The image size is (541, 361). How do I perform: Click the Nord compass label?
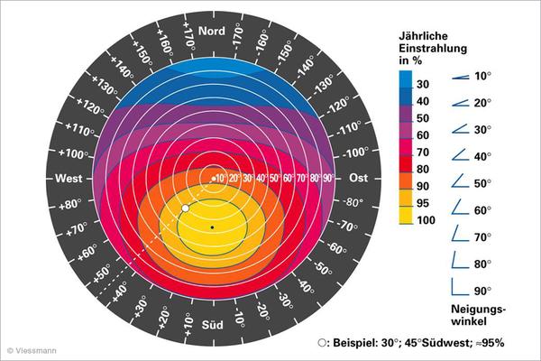pyautogui.click(x=211, y=32)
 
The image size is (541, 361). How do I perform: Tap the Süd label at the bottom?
pyautogui.click(x=212, y=324)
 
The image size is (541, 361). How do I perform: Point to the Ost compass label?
pyautogui.click(x=358, y=178)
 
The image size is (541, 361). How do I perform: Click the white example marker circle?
pyautogui.click(x=185, y=208)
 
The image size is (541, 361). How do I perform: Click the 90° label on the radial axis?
pyautogui.click(x=328, y=178)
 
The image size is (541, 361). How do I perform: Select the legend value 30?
pyautogui.click(x=422, y=84)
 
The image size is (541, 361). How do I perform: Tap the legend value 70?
pyautogui.click(x=422, y=152)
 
